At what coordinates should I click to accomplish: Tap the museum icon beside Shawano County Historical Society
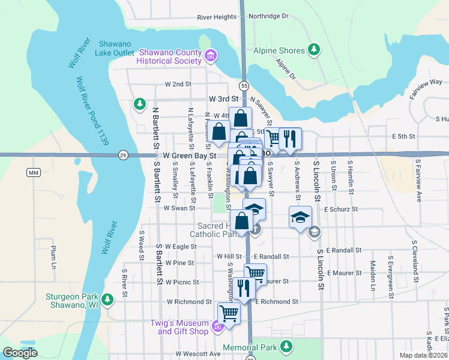coord(210,57)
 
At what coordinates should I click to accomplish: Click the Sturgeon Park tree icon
coord(107,299)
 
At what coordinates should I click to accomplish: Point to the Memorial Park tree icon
coord(287,346)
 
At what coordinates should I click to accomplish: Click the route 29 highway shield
coord(122,155)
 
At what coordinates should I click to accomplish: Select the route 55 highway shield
coord(243,86)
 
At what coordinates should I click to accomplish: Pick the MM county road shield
coord(33,173)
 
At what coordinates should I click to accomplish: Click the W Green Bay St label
coord(182,155)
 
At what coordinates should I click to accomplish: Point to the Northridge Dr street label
coord(268,16)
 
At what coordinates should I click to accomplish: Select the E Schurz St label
coord(340,209)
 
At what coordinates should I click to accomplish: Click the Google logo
coord(20,353)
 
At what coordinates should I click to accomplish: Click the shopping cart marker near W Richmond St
coord(229,313)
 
